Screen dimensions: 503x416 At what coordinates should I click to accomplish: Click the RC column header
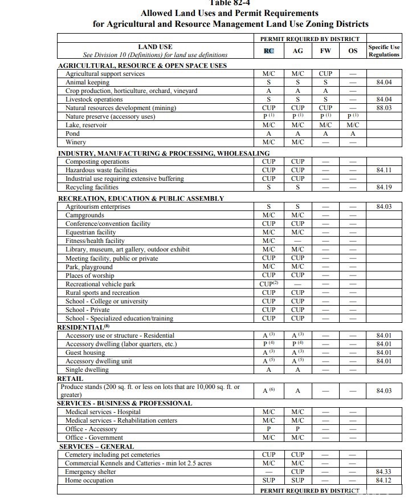tap(269, 51)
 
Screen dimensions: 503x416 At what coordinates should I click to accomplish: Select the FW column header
tap(325, 51)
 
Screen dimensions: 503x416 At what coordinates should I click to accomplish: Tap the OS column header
tap(353, 51)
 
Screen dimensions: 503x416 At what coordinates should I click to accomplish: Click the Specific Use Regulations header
tap(384, 51)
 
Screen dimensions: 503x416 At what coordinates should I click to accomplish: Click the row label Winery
tap(76, 142)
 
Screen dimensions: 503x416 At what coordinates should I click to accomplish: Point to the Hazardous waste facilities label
tap(101, 170)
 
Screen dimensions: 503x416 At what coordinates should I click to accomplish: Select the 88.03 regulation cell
tap(384, 108)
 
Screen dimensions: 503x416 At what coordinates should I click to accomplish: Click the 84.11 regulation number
tap(384, 170)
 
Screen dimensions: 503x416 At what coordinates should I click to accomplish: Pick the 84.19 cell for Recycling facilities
tap(384, 187)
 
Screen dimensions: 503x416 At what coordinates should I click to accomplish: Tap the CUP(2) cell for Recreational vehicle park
tap(269, 284)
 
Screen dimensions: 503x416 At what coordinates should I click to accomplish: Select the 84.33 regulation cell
tap(384, 472)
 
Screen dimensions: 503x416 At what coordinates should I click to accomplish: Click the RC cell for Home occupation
tap(269, 481)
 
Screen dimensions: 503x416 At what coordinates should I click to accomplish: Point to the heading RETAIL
tap(70, 379)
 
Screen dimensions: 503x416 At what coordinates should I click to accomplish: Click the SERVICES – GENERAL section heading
tap(97, 447)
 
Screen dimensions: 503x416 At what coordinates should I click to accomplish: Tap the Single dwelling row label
tap(87, 370)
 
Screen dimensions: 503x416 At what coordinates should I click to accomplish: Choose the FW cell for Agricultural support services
tap(325, 74)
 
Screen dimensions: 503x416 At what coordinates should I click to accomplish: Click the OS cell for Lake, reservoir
tap(353, 125)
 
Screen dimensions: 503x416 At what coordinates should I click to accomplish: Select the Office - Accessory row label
tap(91, 429)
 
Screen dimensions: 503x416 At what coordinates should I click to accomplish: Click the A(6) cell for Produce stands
tap(269, 391)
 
